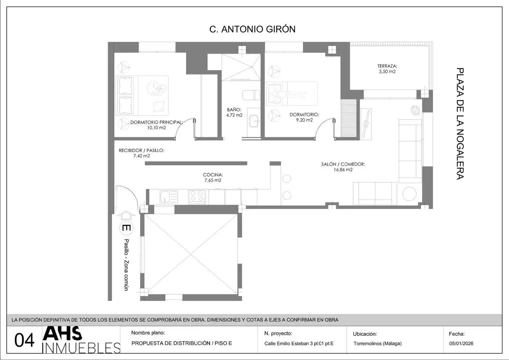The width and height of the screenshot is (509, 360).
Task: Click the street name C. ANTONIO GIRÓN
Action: (252, 29)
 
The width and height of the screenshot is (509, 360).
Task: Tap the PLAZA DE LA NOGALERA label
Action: (460, 124)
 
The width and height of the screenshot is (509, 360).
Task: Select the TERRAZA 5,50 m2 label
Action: (387, 69)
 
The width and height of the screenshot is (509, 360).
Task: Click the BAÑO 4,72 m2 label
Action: (234, 112)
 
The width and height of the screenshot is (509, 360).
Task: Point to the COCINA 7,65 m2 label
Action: (213, 177)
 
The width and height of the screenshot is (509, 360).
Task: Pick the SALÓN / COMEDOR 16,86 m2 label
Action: (343, 167)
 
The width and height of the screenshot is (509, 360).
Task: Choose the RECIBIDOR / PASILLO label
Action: (141, 150)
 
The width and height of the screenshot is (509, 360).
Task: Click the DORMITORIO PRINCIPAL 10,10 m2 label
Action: (157, 125)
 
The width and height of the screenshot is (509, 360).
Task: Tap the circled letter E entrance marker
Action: (126, 228)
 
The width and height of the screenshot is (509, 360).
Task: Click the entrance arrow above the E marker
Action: (126, 215)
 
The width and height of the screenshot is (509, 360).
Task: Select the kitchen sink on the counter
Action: (169, 197)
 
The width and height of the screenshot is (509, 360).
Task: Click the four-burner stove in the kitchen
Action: (197, 196)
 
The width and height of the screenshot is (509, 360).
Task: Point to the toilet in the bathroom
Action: (251, 95)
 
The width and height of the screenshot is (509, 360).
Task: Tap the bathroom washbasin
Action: (254, 121)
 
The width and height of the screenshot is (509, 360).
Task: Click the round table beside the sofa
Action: (409, 194)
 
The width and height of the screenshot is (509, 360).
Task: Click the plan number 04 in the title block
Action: (24, 340)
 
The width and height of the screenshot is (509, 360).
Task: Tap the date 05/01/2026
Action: (461, 343)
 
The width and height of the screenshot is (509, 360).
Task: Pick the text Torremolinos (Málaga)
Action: (377, 343)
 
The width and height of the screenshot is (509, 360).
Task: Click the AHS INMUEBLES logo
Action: (81, 340)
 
